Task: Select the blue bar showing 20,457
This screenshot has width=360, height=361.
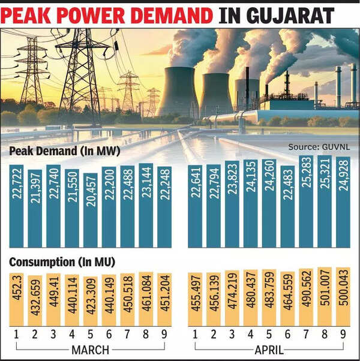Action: [91, 210]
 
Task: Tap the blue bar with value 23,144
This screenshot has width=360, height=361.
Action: [146, 205]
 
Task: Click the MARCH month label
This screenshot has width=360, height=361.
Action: [90, 350]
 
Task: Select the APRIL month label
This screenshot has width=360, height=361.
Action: [269, 350]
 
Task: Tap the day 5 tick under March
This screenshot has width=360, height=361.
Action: [91, 333]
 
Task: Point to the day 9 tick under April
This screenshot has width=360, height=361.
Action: [343, 333]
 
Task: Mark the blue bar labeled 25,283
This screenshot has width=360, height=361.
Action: [306, 201]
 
